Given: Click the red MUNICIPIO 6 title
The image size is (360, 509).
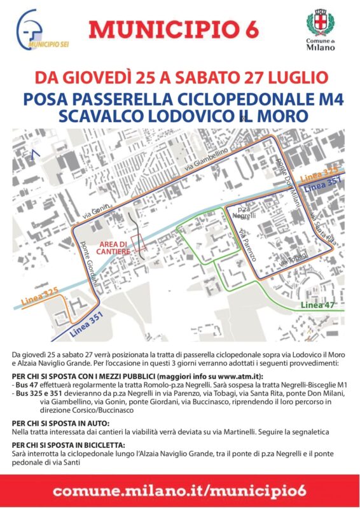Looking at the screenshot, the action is tap(180, 29).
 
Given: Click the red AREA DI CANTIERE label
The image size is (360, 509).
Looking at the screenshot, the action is tap(114, 248).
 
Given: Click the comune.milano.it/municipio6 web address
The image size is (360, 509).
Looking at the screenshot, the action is tap(180, 491).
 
